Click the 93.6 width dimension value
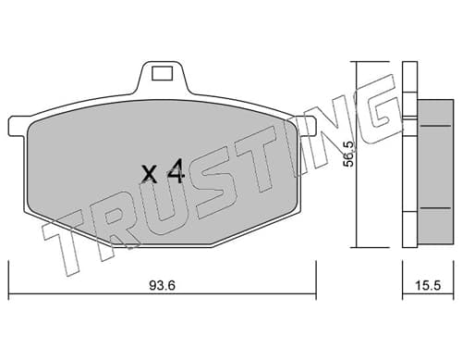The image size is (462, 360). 162,285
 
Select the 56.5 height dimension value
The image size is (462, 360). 349,155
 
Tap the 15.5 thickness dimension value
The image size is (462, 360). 428,286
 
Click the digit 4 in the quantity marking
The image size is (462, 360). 176,172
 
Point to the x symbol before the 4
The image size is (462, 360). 150,174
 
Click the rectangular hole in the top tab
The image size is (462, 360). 162,73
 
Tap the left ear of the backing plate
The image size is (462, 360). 17,126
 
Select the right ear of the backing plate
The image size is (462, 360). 308,126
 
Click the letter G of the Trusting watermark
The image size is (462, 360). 381,106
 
